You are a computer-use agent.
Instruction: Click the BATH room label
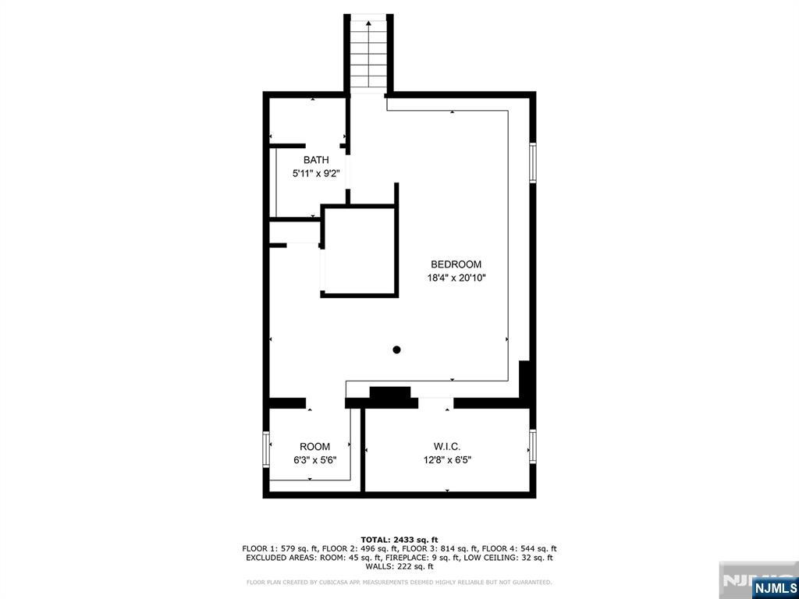(316, 160)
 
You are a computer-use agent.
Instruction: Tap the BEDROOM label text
(456, 264)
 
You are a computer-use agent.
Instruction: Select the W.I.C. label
(447, 447)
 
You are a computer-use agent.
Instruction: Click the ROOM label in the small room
(314, 447)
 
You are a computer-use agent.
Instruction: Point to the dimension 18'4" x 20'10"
(456, 278)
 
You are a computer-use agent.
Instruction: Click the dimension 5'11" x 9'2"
(316, 173)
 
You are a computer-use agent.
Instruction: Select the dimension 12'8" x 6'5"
(447, 460)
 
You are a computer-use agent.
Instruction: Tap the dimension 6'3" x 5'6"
(314, 460)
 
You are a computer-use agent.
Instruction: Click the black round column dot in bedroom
(397, 350)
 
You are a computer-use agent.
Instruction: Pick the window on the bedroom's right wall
(532, 162)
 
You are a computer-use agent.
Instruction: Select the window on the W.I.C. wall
(532, 446)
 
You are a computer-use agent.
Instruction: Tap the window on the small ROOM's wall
(266, 449)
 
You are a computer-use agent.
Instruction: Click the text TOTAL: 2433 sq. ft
(399, 540)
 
